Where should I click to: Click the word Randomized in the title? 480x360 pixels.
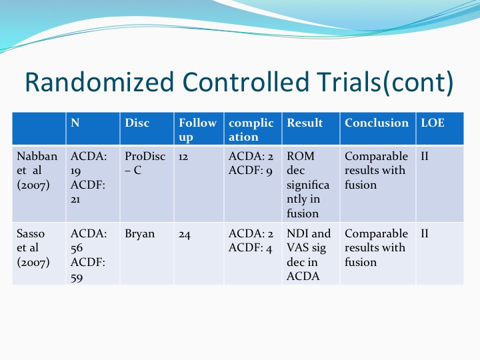99,82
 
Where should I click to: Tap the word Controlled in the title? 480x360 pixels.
245,82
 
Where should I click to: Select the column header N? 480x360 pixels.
75,123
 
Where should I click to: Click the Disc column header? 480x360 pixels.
137,123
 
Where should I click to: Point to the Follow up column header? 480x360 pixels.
197,130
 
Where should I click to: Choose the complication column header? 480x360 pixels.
251,130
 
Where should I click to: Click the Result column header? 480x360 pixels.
305,123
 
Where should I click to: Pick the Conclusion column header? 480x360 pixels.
377,123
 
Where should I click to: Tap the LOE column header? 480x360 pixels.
432,123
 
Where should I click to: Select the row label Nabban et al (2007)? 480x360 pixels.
37,171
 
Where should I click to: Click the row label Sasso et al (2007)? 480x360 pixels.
33,248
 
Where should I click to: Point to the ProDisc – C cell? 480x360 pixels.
145,163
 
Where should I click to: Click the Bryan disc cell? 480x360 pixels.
139,234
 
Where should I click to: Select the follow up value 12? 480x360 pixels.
183,157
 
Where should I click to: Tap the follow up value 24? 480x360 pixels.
185,235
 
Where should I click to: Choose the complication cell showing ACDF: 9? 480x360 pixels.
250,171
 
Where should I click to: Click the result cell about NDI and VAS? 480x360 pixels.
309,255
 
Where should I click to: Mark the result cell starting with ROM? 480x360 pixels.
308,185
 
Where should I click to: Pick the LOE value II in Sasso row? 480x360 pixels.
425,233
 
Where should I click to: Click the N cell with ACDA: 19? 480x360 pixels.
89,163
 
